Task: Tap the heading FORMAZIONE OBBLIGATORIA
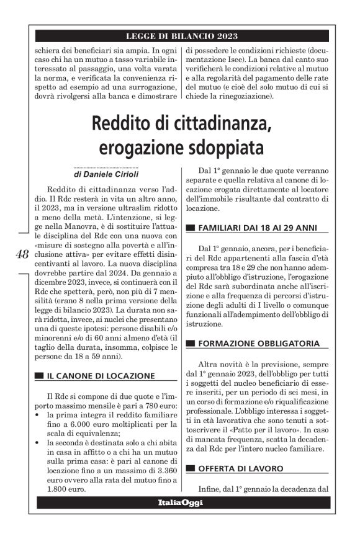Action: click(258, 343)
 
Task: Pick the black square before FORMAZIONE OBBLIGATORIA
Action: click(191, 344)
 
